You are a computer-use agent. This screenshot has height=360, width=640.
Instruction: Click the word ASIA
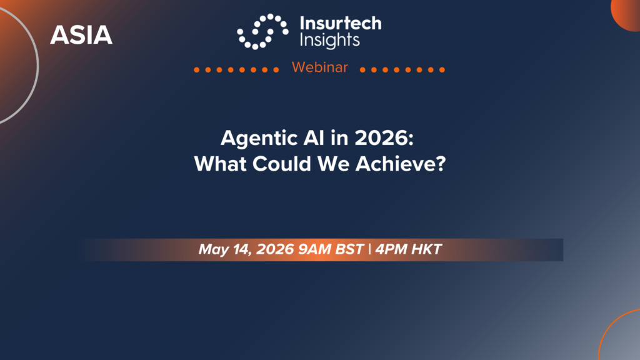point(81,35)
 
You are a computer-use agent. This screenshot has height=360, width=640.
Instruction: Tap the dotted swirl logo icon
point(263,31)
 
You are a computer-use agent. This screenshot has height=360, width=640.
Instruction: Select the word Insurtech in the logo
point(341,23)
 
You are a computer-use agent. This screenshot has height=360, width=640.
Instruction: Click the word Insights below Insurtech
point(330,41)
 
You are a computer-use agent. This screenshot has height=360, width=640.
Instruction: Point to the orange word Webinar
point(320,67)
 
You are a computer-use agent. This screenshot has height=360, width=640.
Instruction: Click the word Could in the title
point(282,164)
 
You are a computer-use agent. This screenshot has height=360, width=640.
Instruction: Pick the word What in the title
point(221,164)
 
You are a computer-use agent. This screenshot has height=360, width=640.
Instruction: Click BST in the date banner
point(349,249)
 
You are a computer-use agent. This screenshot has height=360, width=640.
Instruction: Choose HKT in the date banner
point(426,249)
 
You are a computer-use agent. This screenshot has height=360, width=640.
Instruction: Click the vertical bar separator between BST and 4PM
point(370,249)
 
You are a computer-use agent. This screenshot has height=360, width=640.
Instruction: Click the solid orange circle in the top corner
point(626,15)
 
